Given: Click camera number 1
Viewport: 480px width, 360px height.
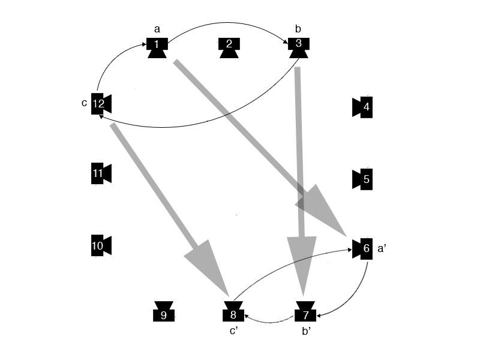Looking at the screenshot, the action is (157, 46).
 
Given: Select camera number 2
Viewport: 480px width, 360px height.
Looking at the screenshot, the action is (229, 46).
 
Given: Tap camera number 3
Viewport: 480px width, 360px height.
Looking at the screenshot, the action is (298, 46).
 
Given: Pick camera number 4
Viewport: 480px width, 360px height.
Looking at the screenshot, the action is (364, 107).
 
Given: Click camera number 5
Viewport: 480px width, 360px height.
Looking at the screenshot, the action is (364, 179).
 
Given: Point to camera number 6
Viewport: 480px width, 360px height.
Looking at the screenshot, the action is (364, 248).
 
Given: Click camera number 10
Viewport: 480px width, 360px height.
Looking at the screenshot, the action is (100, 245).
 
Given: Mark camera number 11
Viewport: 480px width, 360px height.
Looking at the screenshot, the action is (100, 174).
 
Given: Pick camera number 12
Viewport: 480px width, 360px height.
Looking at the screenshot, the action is (100, 104).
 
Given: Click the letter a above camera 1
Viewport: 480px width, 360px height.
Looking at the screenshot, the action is (157, 28).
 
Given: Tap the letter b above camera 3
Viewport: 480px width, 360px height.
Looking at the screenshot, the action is (298, 28).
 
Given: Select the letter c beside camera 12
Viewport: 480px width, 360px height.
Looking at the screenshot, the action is (84, 103).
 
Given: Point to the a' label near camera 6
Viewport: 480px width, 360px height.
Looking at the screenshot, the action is (382, 248).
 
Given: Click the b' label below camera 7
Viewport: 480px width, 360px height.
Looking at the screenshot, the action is (305, 332).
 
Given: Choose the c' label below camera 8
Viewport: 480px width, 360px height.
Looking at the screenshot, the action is (235, 332).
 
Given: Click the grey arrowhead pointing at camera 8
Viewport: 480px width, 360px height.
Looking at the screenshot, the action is (207, 264).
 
